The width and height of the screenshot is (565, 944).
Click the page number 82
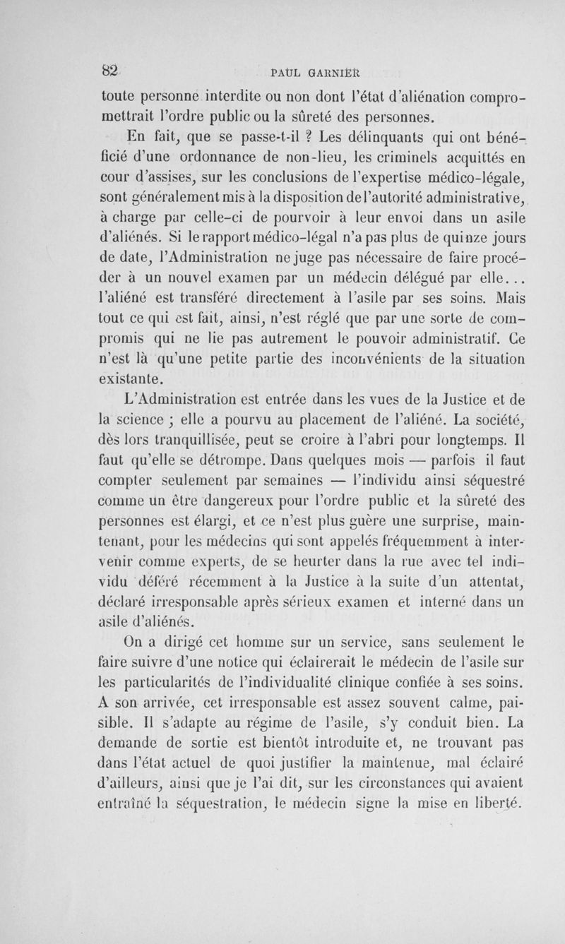tap(108, 69)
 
